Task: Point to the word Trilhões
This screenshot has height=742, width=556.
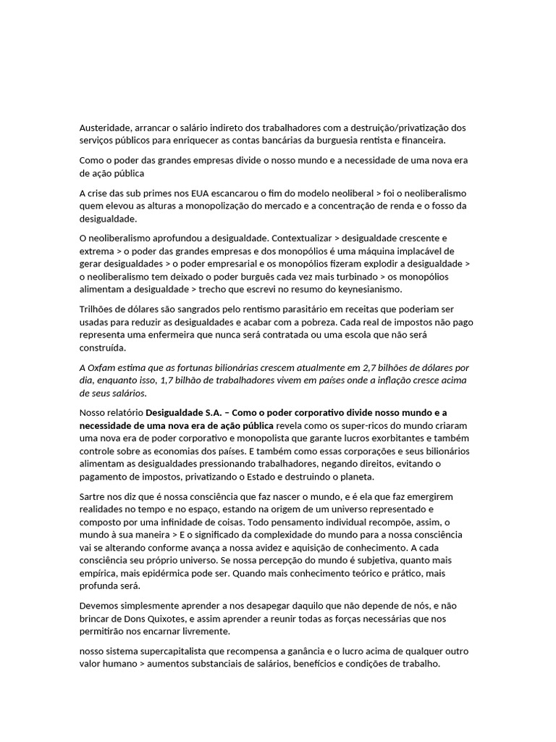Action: click(99, 309)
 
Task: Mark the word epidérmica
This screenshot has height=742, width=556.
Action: click(152, 573)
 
